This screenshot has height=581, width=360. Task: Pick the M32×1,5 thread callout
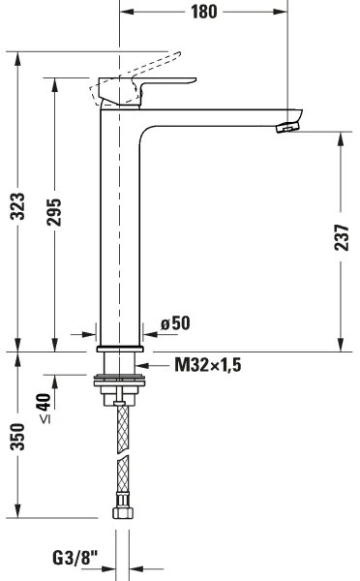coord(206,365)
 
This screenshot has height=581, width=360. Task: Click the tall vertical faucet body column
coord(120,232)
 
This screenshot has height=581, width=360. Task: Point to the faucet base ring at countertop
coord(121,345)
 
